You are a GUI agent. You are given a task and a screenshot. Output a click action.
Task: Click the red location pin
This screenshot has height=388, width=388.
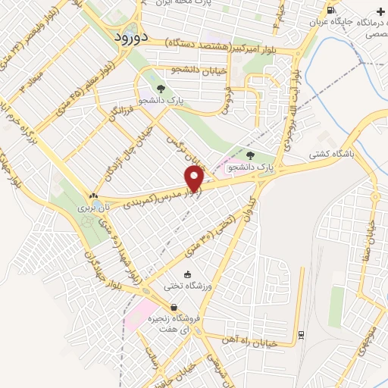point(195,177)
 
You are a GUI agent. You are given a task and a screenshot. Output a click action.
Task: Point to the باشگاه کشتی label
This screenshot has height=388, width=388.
point(327,154)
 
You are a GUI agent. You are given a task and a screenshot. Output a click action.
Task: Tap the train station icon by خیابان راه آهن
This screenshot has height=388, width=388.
point(301,334)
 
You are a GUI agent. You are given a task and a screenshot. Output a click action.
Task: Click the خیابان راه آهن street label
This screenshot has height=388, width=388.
point(257,339)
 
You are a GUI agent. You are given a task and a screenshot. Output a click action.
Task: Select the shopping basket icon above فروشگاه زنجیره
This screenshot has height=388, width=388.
point(174,308)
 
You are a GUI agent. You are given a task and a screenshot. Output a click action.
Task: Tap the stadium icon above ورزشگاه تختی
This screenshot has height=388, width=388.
point(187,275)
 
